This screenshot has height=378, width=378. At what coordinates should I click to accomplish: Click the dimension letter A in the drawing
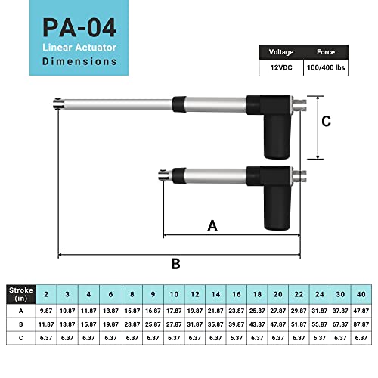[x=212, y=225]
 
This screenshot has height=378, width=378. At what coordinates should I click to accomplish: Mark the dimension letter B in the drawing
[x=175, y=264]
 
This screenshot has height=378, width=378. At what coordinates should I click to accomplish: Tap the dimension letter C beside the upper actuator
[x=327, y=121]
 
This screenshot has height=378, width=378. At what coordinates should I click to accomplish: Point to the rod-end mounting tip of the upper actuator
[x=57, y=104]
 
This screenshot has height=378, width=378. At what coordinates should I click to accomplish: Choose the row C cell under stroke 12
[x=195, y=338]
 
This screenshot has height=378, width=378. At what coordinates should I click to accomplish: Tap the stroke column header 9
[x=153, y=294]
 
